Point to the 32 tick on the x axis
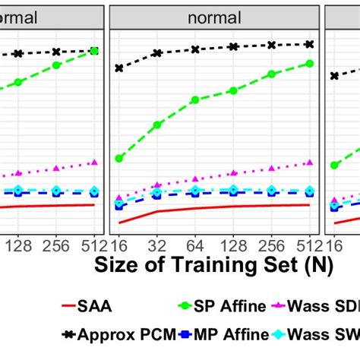click(157, 245)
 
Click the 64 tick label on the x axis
click(195, 245)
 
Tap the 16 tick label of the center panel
click(119, 245)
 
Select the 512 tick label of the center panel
click(309, 245)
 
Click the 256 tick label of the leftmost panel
click(55, 245)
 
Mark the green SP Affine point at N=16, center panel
click(119, 158)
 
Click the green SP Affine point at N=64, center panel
click(195, 99)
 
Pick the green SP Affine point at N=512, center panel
click(310, 63)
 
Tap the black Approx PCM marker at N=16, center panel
click(119, 68)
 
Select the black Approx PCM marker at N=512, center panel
click(310, 44)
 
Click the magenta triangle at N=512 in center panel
click(310, 162)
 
